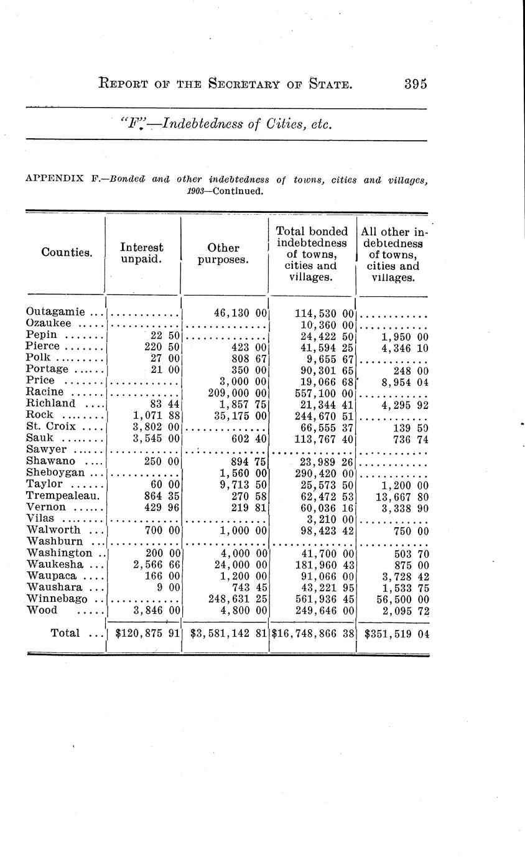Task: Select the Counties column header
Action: coord(67,252)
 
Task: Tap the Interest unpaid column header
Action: coord(142,253)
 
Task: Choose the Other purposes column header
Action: coord(223,253)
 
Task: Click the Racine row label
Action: coord(45,392)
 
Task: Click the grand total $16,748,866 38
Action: coord(313,634)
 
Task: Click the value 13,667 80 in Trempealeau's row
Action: coord(400,495)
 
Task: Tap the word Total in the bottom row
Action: coord(65,633)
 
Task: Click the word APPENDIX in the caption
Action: coord(55,179)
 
